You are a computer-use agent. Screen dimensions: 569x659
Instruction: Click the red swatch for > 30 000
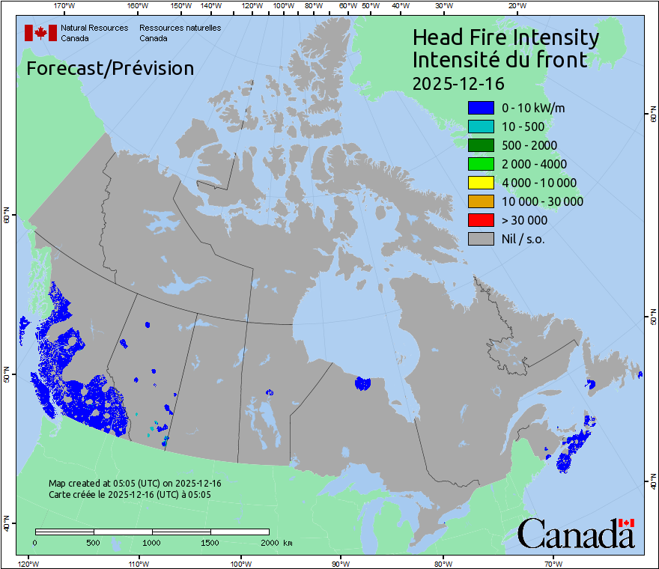[x=481, y=220]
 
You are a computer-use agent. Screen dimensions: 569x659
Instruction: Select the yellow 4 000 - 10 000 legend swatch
[x=481, y=183]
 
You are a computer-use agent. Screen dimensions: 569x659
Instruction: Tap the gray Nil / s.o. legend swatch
[x=481, y=239]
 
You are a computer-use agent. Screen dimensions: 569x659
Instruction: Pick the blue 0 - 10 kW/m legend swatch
[x=481, y=108]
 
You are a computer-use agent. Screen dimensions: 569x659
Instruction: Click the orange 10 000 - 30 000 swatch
[x=481, y=201]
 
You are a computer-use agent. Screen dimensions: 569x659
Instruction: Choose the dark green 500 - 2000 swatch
[x=481, y=145]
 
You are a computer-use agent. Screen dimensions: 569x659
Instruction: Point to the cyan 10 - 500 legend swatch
[x=481, y=127]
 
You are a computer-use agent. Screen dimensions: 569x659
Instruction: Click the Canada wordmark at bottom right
[x=576, y=534]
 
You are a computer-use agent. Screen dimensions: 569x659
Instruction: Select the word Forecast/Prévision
[x=110, y=68]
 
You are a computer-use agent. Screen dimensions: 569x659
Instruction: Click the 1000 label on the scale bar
[x=152, y=542]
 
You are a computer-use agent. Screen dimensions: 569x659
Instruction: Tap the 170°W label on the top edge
[x=65, y=6]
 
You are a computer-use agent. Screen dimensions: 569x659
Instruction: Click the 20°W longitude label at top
[x=516, y=6]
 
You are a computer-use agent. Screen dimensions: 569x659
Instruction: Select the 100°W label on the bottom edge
[x=240, y=563]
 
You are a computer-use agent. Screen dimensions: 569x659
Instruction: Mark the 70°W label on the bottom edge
[x=553, y=563]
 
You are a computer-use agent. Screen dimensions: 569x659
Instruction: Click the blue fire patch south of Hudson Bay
[x=362, y=383]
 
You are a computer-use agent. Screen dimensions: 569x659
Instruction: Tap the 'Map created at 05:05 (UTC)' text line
[x=135, y=484]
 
